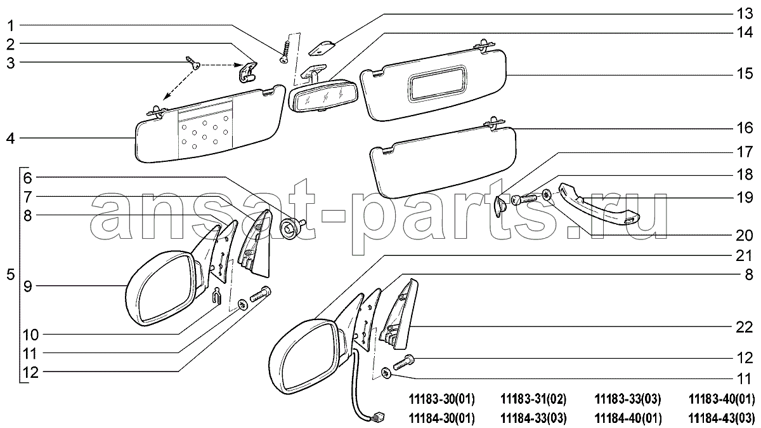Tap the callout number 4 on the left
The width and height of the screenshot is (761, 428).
(x=11, y=138)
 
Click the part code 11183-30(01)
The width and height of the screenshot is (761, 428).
(x=441, y=399)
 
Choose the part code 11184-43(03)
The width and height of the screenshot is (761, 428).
(x=722, y=418)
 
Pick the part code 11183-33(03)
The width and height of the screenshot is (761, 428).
(x=628, y=399)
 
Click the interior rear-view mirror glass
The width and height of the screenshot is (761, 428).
(x=322, y=98)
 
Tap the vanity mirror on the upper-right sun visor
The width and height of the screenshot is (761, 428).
(x=439, y=83)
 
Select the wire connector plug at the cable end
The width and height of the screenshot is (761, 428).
(x=379, y=417)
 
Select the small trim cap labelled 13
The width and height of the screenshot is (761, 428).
(x=322, y=48)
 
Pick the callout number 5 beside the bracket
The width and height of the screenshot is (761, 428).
(x=11, y=274)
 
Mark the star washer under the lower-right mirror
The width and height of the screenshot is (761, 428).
(x=386, y=373)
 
